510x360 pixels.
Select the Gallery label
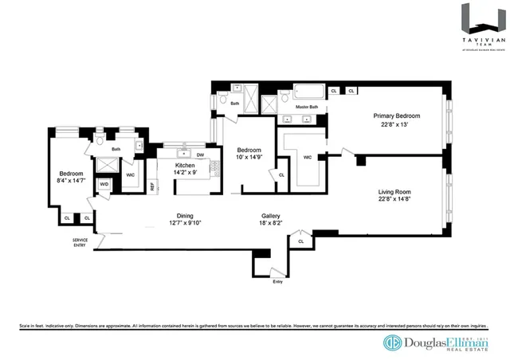point(269,216)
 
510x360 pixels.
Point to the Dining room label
point(185,216)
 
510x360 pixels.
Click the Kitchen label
point(185,166)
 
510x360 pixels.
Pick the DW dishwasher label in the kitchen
point(200,155)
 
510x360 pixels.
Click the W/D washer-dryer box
point(104,184)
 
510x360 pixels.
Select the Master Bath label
point(307,108)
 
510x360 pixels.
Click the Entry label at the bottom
point(277,282)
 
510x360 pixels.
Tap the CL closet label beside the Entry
point(300,240)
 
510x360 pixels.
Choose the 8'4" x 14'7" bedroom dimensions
point(67,182)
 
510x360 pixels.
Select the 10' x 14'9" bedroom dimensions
point(249,158)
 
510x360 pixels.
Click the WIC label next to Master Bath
point(308,157)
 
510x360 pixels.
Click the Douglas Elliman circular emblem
point(392,342)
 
